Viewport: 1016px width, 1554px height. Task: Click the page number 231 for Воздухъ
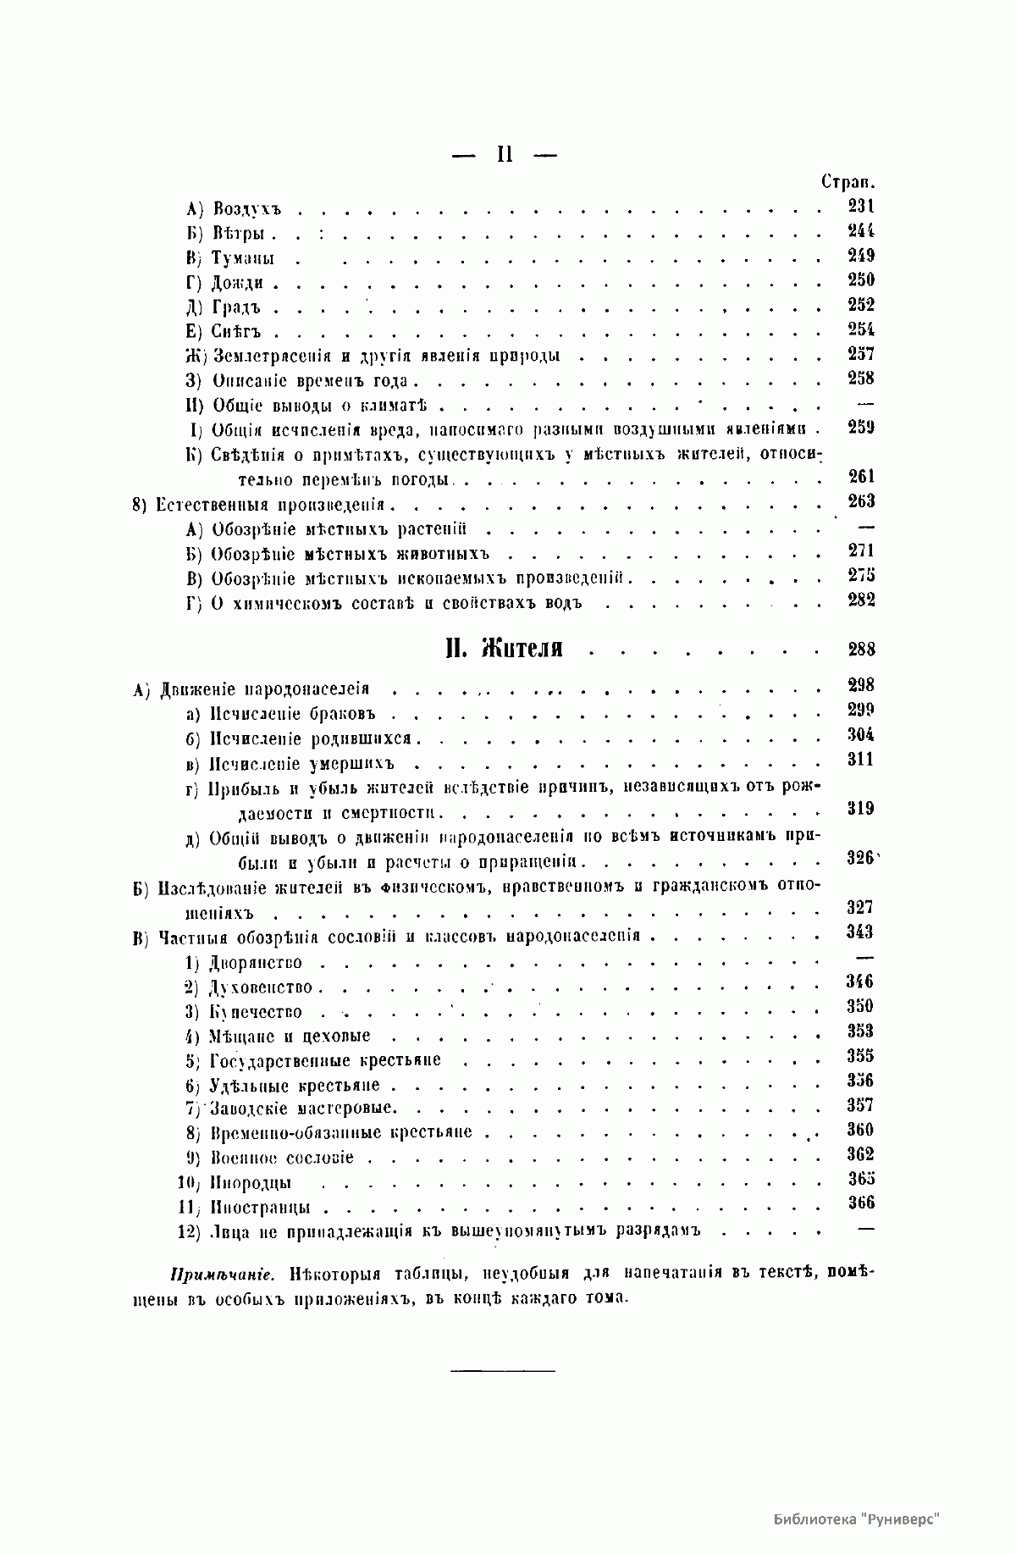(860, 206)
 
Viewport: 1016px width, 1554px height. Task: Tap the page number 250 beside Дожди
(860, 279)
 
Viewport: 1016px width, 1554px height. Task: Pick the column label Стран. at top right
(848, 182)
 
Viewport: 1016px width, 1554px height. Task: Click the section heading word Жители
(522, 650)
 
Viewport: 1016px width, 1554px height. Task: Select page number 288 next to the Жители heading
(860, 650)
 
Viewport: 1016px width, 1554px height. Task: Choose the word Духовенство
(261, 987)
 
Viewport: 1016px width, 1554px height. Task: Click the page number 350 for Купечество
(860, 1007)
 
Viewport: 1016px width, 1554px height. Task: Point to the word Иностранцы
(259, 1208)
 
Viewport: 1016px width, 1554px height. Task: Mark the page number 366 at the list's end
(860, 1203)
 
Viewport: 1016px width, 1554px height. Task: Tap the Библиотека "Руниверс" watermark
(857, 1518)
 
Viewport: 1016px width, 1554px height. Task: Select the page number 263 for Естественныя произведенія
(860, 501)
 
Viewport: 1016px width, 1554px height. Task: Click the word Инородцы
(251, 1184)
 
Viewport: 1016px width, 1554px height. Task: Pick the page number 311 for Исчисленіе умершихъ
(860, 760)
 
